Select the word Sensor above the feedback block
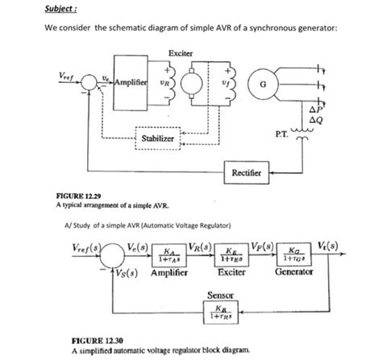click(x=221, y=296)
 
